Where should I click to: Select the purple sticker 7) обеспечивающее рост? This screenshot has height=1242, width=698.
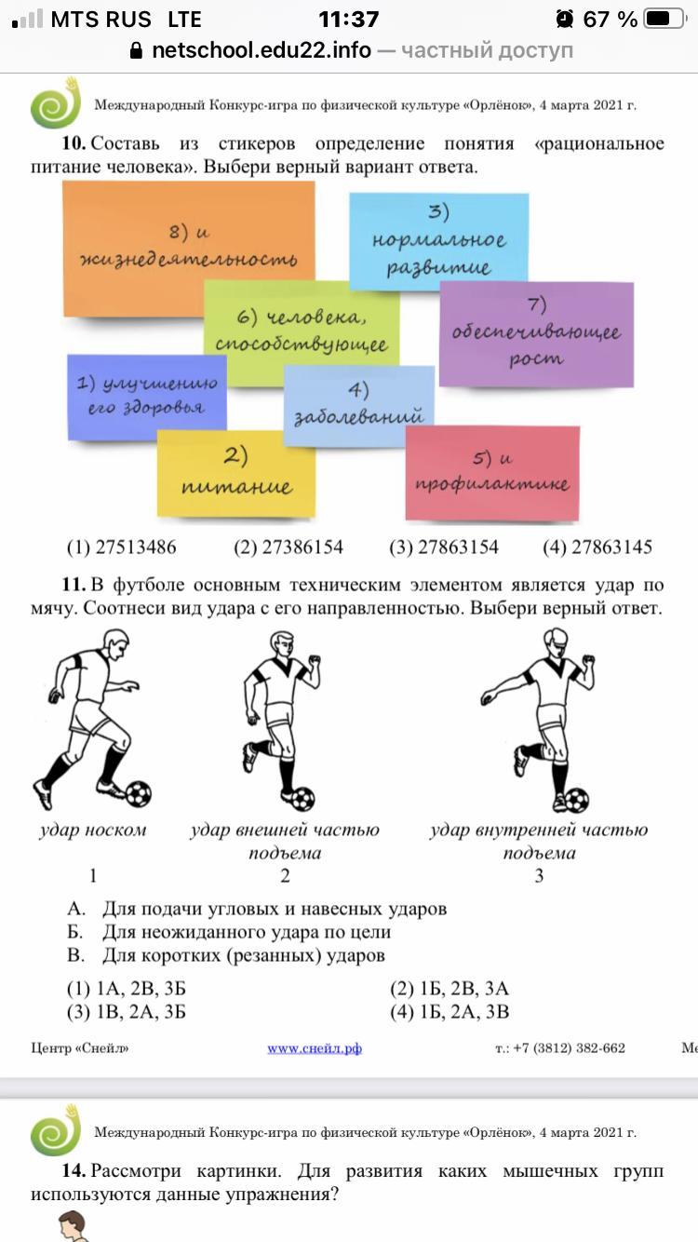pos(536,332)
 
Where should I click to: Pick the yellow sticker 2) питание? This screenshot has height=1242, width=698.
pos(235,473)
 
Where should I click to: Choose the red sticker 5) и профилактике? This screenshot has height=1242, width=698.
pos(492,472)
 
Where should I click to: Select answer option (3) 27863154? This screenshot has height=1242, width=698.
pos(443,547)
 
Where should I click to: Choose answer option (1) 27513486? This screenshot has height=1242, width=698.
pos(121,547)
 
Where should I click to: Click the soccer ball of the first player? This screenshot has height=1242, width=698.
pos(138,794)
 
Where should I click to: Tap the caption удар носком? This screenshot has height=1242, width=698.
pos(92,830)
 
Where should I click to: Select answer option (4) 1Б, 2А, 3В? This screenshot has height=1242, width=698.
pos(450,1012)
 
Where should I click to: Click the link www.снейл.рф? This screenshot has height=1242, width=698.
pos(315,1048)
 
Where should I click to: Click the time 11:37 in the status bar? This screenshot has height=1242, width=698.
pos(348,19)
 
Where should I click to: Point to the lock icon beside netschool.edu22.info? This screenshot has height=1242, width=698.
pos(137,50)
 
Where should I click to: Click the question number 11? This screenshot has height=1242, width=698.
pos(74,586)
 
